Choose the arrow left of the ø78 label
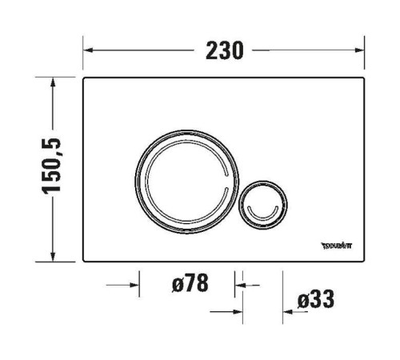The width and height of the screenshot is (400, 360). (133, 283)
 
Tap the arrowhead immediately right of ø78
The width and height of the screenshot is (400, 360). (238, 283)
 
